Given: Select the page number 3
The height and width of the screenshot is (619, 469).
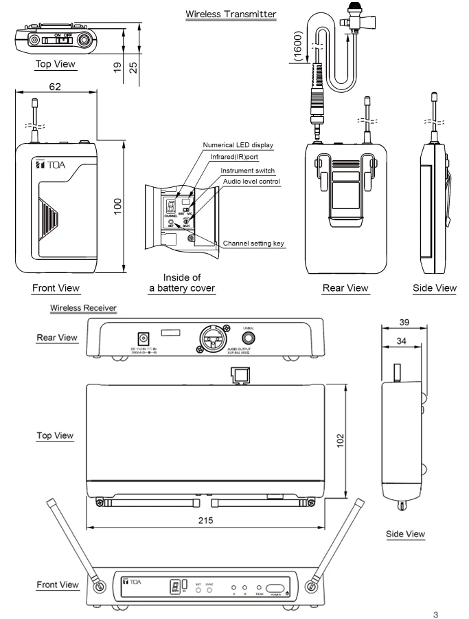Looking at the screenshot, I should pos(452,611).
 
